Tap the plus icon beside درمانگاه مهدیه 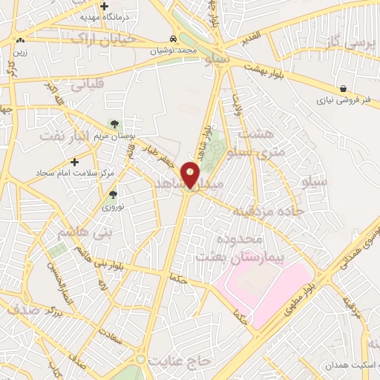click(105, 7)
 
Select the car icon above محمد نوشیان click(173, 39)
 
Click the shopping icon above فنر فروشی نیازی click(342, 88)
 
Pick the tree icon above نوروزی click(113, 194)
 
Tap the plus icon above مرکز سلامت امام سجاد click(74, 161)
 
